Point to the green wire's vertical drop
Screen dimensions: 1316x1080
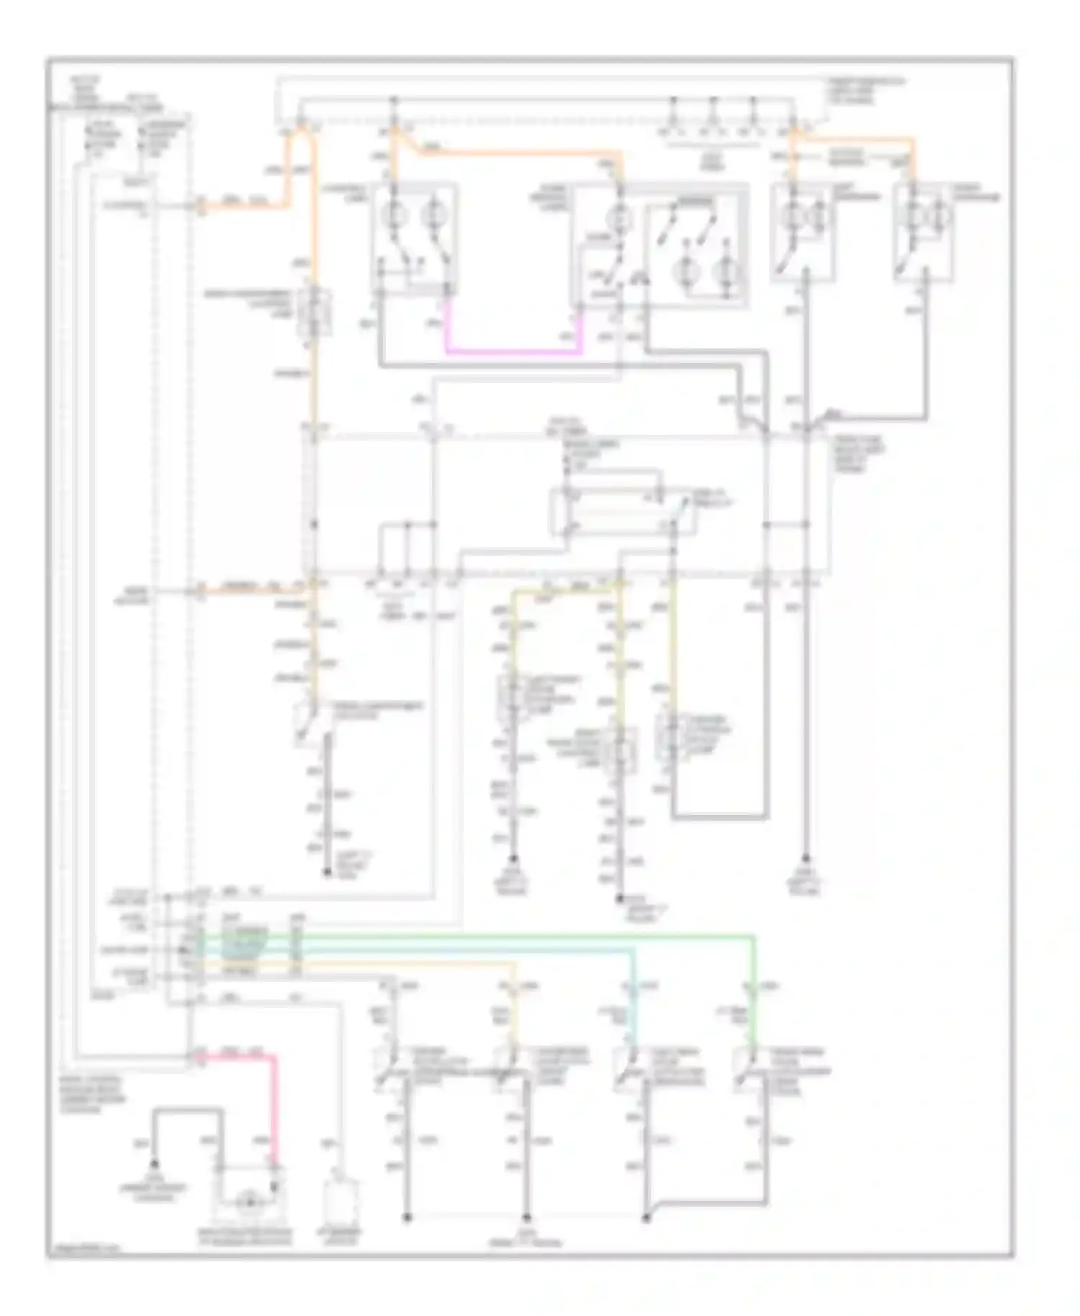pyautogui.click(x=753, y=993)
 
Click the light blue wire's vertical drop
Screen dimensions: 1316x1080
pyautogui.click(x=634, y=1001)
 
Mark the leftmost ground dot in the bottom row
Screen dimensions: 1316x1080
pyautogui.click(x=407, y=1217)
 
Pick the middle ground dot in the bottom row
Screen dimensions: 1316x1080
pyautogui.click(x=526, y=1217)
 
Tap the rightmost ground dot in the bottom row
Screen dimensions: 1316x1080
pyautogui.click(x=646, y=1217)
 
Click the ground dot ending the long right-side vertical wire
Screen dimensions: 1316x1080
pyautogui.click(x=806, y=858)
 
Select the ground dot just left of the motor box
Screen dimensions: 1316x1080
pyautogui.click(x=153, y=1163)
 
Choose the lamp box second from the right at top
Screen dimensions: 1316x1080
pyautogui.click(x=803, y=232)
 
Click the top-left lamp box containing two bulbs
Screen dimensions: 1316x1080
pyautogui.click(x=415, y=238)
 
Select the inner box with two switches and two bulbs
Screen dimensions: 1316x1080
pyautogui.click(x=694, y=252)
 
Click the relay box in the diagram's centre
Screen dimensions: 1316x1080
pyautogui.click(x=623, y=512)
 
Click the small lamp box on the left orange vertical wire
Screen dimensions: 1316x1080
pyautogui.click(x=314, y=313)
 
